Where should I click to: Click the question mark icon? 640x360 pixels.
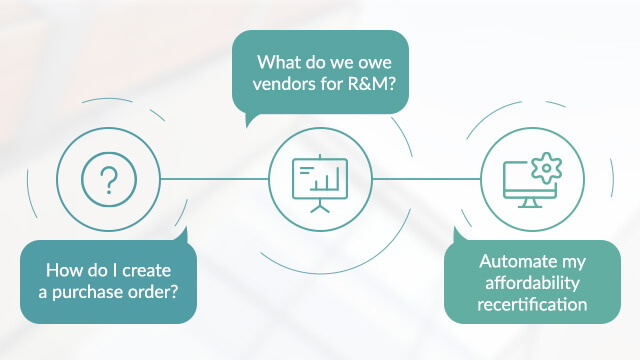click(x=109, y=181)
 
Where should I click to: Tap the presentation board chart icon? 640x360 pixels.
click(x=319, y=181)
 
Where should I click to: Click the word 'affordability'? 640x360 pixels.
click(x=531, y=283)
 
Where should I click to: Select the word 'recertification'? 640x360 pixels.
click(x=531, y=304)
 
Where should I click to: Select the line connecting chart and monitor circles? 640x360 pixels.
click(x=424, y=181)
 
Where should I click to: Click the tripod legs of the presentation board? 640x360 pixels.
click(x=319, y=205)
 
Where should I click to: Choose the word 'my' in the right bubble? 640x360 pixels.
click(x=572, y=262)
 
